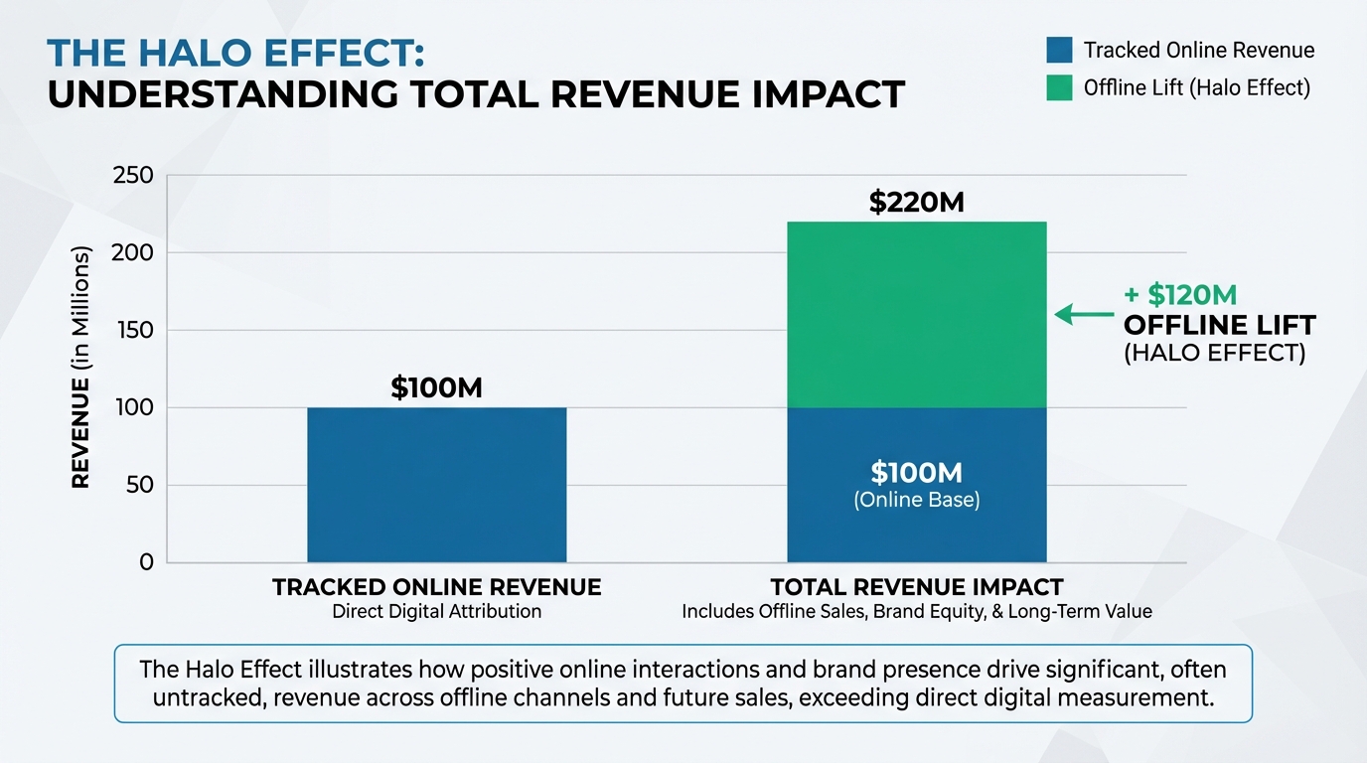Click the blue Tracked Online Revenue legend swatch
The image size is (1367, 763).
tap(1059, 50)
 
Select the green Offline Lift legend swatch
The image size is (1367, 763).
tap(1059, 87)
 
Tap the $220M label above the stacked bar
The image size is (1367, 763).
tap(916, 203)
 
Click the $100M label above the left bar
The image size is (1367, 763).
tap(436, 388)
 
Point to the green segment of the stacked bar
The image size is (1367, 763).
tap(916, 314)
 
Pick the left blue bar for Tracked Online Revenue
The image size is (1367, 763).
tap(436, 485)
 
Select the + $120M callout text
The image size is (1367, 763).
tap(1180, 295)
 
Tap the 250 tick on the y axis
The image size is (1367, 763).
tap(134, 176)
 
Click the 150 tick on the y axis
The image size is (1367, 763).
tap(134, 330)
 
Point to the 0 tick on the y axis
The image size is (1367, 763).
tap(146, 562)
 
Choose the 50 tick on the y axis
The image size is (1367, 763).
tap(140, 485)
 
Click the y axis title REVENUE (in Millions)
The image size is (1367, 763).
tap(80, 369)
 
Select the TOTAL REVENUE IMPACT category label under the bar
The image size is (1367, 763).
tap(916, 587)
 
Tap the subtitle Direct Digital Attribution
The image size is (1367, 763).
tap(436, 612)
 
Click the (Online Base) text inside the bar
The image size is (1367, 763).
tap(916, 501)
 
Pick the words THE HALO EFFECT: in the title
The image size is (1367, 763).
tap(235, 54)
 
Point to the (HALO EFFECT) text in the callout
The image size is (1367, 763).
tap(1214, 353)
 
